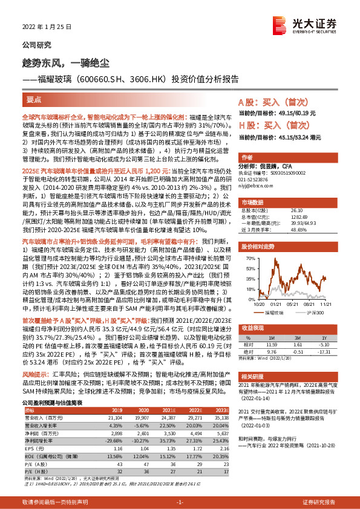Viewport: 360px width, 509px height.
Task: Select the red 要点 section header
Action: coord(34,100)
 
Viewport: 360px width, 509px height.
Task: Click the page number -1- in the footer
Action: coord(180,502)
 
